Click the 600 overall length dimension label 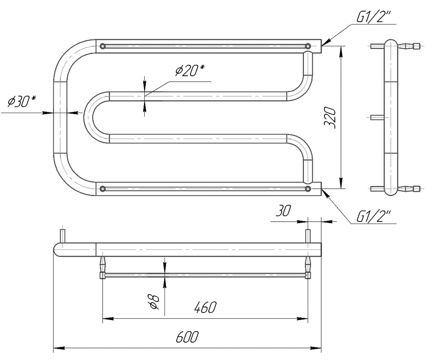[187, 337]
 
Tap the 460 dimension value [205, 307]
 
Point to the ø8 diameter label [154, 302]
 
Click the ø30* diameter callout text [22, 102]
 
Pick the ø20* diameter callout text [190, 71]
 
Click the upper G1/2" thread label [373, 17]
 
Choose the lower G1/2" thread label [373, 216]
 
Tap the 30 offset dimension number [283, 211]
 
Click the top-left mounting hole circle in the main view [103, 46]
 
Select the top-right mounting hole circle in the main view [308, 46]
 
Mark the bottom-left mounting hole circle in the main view [103, 189]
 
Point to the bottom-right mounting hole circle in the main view [308, 189]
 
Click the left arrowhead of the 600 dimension [59, 348]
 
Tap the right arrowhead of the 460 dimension [302, 319]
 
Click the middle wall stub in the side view [377, 117]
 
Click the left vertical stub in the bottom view [63, 236]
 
